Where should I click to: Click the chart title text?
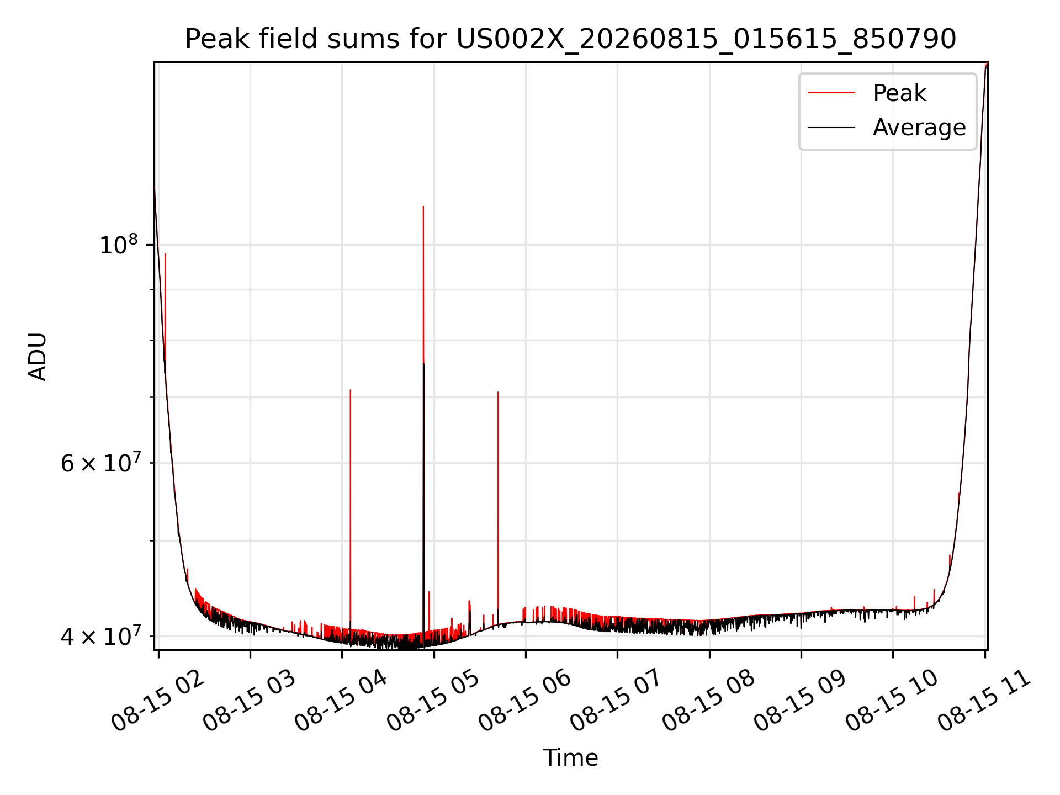[x=570, y=39]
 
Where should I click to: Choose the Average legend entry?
[x=887, y=128]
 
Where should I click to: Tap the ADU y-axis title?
[x=38, y=356]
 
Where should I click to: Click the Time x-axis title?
[x=570, y=757]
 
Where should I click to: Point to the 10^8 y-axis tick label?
[x=118, y=244]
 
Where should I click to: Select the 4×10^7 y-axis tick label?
[x=100, y=635]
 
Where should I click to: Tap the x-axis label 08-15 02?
[x=158, y=700]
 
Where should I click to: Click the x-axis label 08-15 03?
[x=250, y=700]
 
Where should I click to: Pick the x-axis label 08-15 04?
[x=341, y=700]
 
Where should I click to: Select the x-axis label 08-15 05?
[x=433, y=700]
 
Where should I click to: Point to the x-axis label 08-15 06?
[x=525, y=700]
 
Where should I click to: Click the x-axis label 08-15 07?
[x=617, y=700]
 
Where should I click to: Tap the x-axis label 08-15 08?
[x=709, y=700]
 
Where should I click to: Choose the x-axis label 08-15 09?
[x=801, y=700]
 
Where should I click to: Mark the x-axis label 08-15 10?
[x=892, y=700]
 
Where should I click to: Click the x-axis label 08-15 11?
[x=984, y=700]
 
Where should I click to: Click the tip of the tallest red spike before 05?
[x=423, y=206]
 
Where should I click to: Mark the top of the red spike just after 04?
[x=351, y=390]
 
